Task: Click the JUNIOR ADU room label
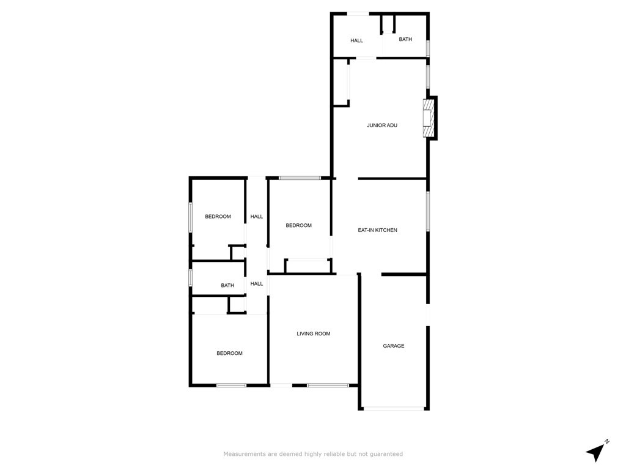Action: click(382, 125)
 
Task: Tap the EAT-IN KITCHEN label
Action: click(377, 230)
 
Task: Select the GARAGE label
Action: click(394, 346)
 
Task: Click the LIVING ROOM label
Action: click(313, 334)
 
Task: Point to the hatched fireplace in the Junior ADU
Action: click(429, 118)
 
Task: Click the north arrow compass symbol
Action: click(596, 452)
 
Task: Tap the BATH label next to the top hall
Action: click(405, 39)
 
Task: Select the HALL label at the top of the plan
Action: click(356, 41)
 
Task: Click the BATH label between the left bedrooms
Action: click(227, 286)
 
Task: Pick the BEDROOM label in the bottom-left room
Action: click(229, 353)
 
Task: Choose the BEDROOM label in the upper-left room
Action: click(218, 217)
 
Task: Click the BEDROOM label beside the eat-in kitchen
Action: click(298, 226)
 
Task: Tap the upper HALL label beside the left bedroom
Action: click(257, 217)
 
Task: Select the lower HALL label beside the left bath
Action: click(257, 284)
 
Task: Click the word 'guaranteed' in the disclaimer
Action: click(387, 454)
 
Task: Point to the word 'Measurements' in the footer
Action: click(243, 454)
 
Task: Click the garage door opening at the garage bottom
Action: click(394, 408)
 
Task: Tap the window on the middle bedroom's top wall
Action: click(300, 178)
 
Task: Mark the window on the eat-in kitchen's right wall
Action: click(427, 212)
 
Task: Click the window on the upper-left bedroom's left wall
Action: click(191, 218)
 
